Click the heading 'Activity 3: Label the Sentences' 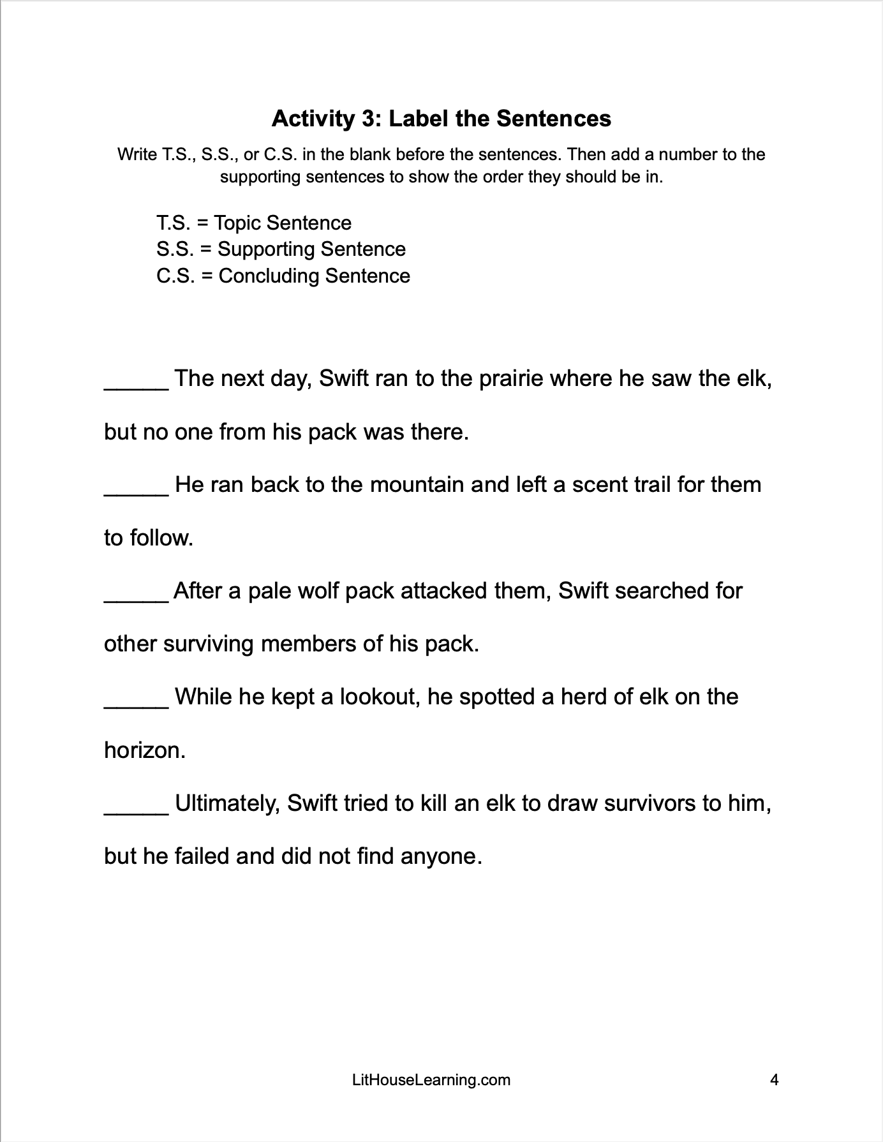click(441, 118)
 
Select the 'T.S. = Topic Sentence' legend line click(254, 223)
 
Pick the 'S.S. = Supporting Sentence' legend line click(281, 249)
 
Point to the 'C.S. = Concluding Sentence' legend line click(283, 276)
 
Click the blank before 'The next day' click(136, 383)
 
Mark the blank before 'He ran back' click(136, 489)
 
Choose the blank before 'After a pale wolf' click(136, 595)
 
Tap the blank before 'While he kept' click(136, 701)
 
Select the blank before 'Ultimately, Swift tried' click(136, 806)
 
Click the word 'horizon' click(142, 750)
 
